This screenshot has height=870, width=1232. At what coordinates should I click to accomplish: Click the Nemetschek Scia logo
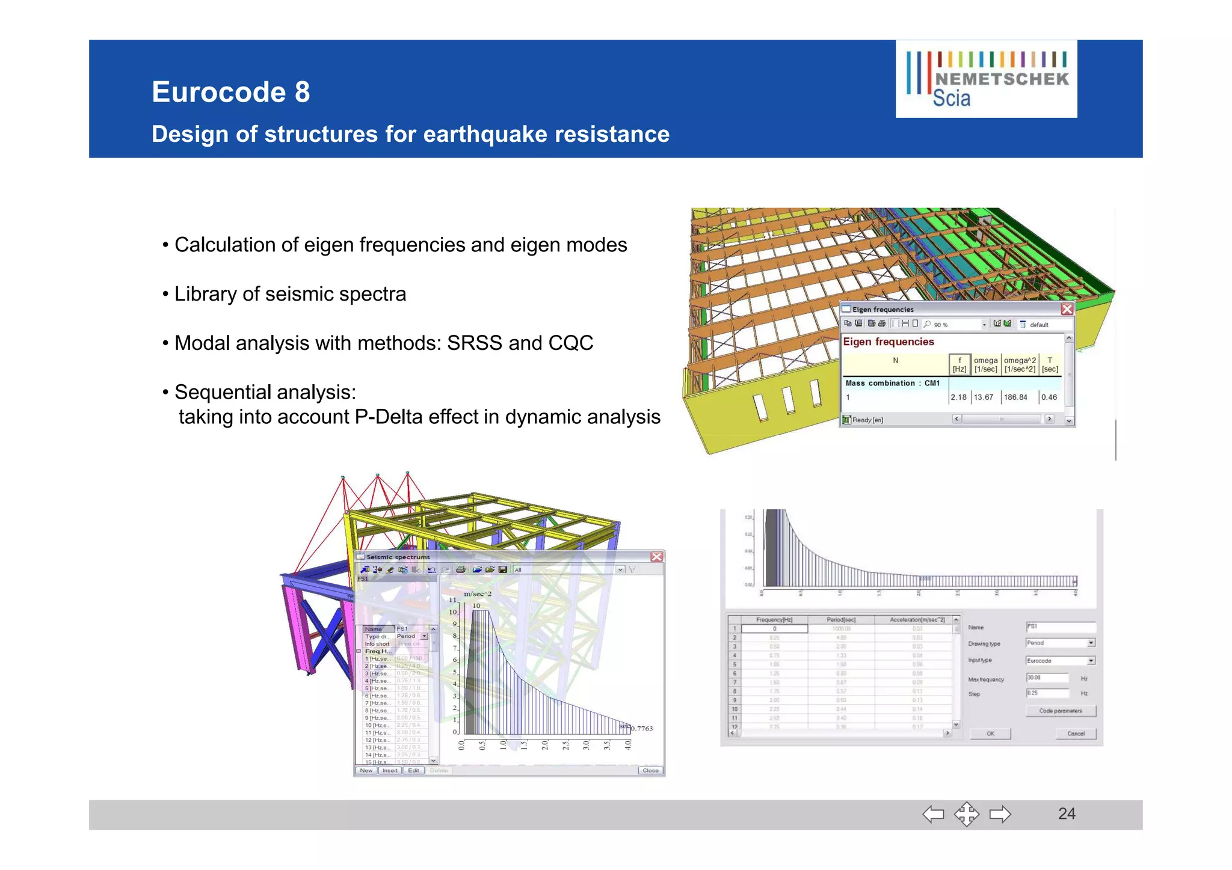pyautogui.click(x=986, y=79)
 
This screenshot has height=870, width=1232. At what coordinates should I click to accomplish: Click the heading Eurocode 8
pyautogui.click(x=230, y=92)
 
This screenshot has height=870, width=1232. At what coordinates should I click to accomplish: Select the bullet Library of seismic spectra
pyautogui.click(x=290, y=294)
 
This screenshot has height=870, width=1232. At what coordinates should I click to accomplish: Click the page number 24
pyautogui.click(x=1066, y=813)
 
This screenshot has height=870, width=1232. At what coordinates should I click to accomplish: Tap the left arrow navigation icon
pyautogui.click(x=933, y=814)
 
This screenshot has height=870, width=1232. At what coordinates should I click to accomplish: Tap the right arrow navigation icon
pyautogui.click(x=1000, y=814)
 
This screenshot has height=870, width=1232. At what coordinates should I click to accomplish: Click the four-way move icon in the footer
pyautogui.click(x=966, y=814)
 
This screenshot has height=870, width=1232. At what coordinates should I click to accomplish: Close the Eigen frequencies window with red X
pyautogui.click(x=1067, y=309)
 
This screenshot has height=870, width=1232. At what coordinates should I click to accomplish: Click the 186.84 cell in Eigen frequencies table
pyautogui.click(x=1015, y=397)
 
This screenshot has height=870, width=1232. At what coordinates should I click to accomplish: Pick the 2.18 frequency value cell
pyautogui.click(x=958, y=397)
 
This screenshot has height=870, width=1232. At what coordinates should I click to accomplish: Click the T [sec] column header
pyautogui.click(x=1050, y=364)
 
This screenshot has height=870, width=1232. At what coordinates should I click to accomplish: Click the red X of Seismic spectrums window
pyautogui.click(x=656, y=557)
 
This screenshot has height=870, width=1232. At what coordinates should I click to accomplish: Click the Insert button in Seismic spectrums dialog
pyautogui.click(x=390, y=770)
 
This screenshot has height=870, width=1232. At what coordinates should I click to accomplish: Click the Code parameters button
pyautogui.click(x=1060, y=711)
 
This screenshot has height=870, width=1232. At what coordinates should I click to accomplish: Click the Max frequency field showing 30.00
pyautogui.click(x=1047, y=678)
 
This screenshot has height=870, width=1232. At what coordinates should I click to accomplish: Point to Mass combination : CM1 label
pyautogui.click(x=892, y=383)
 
